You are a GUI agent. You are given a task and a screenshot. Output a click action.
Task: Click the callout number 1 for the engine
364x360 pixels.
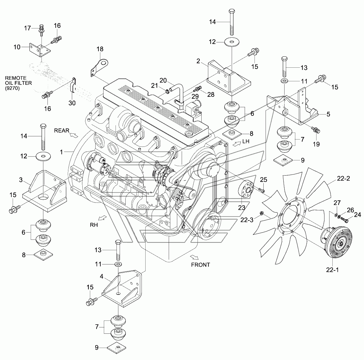pos(62,152)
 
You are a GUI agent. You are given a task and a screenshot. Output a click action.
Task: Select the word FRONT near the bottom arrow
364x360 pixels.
pos(200,265)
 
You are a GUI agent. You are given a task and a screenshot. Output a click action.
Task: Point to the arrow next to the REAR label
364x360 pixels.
pos(73,135)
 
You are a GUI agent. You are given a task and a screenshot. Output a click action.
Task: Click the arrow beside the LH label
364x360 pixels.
pos(235,144)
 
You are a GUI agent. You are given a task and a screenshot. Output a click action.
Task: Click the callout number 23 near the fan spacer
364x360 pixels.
pos(242,208)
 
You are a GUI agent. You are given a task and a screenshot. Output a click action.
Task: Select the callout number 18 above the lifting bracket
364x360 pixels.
pos(100,49)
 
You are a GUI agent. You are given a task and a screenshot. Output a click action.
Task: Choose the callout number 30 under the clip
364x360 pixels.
pos(72,103)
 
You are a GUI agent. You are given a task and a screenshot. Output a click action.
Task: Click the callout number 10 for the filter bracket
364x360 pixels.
pos(17,47)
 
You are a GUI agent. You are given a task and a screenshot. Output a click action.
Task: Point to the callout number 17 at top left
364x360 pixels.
pos(28,28)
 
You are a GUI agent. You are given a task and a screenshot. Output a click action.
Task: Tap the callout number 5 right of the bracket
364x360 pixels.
pos(328,114)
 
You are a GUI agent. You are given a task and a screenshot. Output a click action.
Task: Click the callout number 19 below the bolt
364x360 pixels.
pos(316,144)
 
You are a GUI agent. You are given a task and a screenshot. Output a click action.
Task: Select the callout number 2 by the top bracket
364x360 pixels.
pos(198,61)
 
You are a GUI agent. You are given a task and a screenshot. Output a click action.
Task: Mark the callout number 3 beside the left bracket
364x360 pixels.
pos(21,180)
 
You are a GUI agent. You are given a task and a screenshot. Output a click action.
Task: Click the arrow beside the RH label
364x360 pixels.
pos(102,218)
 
